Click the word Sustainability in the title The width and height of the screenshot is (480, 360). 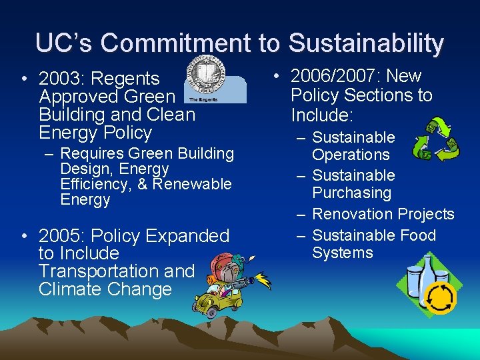[x=366, y=43]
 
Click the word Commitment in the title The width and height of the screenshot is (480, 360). [x=177, y=43]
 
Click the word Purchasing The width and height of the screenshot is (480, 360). [x=351, y=193]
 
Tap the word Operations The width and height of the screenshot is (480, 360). [x=351, y=155]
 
